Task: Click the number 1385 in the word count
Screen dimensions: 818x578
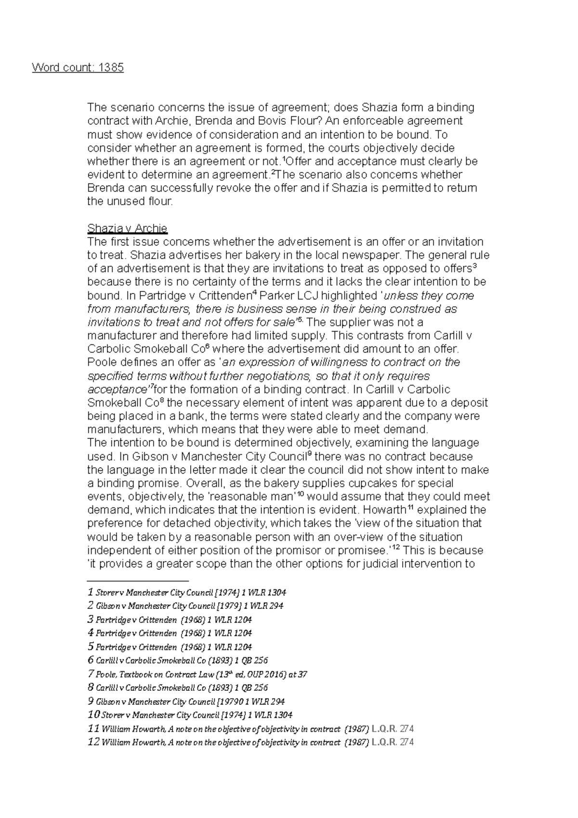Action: [110, 67]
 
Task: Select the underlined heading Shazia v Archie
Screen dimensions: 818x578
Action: [127, 228]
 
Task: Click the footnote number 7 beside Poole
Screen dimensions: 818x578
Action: [91, 674]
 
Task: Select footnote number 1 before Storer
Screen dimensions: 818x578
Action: [90, 592]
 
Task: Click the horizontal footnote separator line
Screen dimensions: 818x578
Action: [138, 581]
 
